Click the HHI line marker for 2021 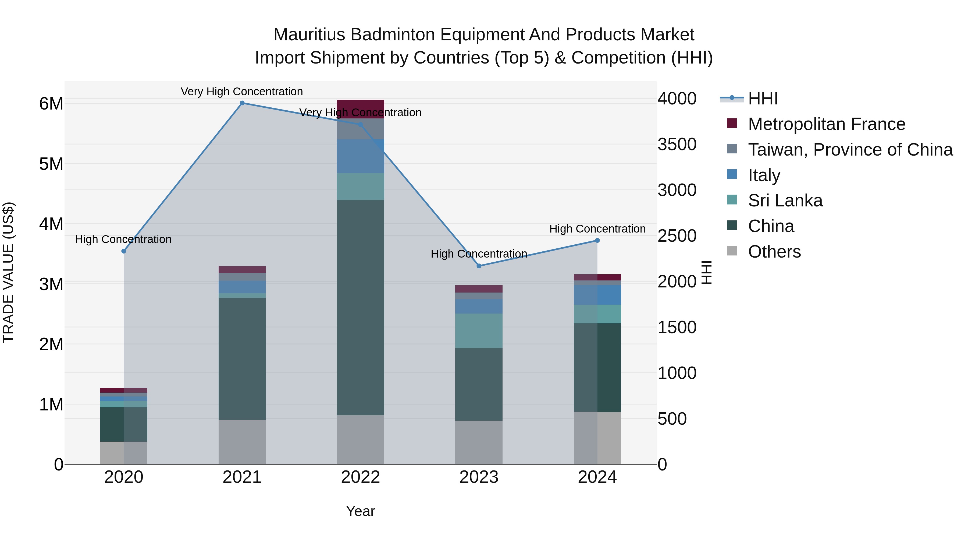(x=242, y=103)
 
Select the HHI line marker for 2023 (x=479, y=266)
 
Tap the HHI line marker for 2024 (x=597, y=240)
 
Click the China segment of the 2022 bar (x=360, y=307)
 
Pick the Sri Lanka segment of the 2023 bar (x=479, y=330)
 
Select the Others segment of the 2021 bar (x=242, y=442)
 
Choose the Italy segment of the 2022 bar (x=360, y=156)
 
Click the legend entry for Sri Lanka (x=785, y=201)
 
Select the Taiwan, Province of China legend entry (x=850, y=150)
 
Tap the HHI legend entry (x=763, y=99)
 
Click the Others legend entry (x=774, y=252)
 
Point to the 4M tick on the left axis (x=51, y=224)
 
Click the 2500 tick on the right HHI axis (x=677, y=236)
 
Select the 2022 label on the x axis (x=360, y=477)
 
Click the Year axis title (x=360, y=511)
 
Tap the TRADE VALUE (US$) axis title (x=8, y=272)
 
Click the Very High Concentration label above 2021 (x=242, y=92)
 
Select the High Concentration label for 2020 (x=123, y=239)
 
